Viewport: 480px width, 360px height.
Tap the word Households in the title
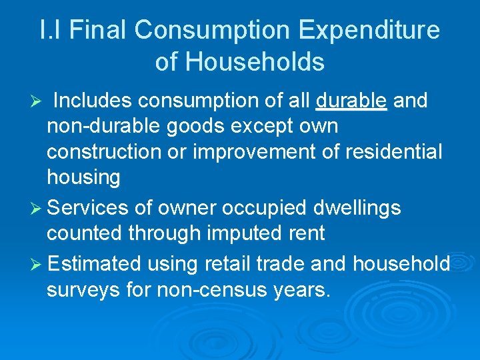[x=255, y=62]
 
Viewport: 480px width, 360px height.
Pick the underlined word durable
[x=351, y=101]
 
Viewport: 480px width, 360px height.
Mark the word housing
[x=83, y=177]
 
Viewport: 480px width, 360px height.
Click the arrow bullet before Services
[x=38, y=208]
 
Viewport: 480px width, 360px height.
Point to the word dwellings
[x=357, y=208]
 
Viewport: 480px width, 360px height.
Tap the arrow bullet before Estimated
[x=38, y=264]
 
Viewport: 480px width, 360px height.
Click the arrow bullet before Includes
[x=38, y=101]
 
